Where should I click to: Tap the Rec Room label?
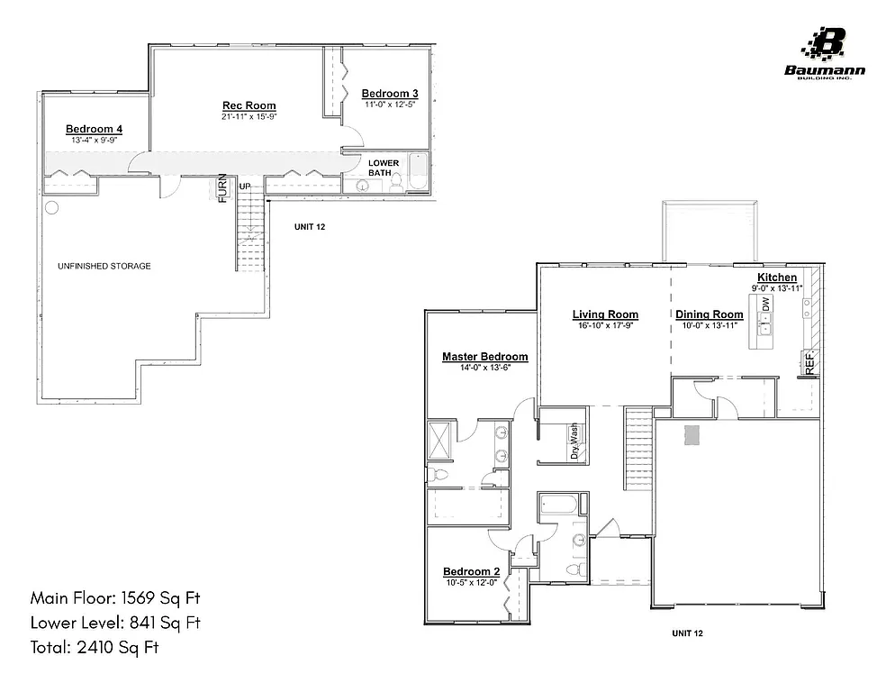(x=249, y=105)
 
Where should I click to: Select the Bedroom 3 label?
(x=390, y=94)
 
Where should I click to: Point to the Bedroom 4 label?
(x=94, y=129)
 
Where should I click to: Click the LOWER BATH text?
(x=384, y=168)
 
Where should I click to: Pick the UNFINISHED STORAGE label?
(x=104, y=267)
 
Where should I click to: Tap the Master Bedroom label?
(x=484, y=357)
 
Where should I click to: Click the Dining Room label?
(x=710, y=314)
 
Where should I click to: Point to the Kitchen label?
(x=776, y=277)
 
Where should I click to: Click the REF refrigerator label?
(x=809, y=363)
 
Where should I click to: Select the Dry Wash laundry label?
(x=574, y=442)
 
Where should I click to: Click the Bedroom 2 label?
(x=471, y=572)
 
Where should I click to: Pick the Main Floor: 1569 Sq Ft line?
(x=115, y=598)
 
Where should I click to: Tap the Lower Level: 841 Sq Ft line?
(x=115, y=623)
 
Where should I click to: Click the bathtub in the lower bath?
(x=419, y=172)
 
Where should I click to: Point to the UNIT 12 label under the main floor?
(x=687, y=633)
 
